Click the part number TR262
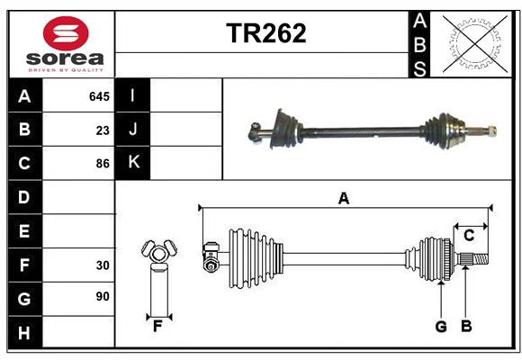click(x=265, y=33)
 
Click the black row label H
click(x=24, y=333)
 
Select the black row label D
click(x=24, y=197)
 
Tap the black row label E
click(x=24, y=231)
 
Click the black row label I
click(x=133, y=95)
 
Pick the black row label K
click(x=133, y=163)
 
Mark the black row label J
click(x=133, y=130)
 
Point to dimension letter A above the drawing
click(x=343, y=198)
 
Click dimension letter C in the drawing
click(x=469, y=235)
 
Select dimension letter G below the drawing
click(x=441, y=327)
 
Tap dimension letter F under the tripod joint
click(x=157, y=326)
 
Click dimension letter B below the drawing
click(x=465, y=327)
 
